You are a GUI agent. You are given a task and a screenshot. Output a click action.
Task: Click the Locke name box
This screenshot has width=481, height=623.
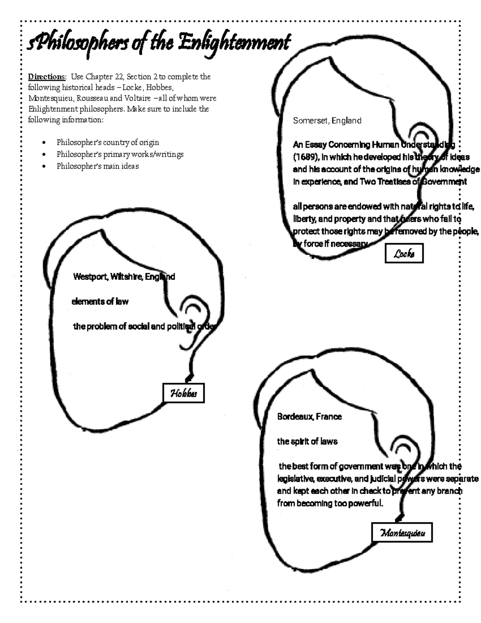(404, 254)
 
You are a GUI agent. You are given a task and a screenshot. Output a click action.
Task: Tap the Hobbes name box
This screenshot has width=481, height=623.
(184, 393)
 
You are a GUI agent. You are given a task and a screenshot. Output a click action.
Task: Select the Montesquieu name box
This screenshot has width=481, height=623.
(402, 533)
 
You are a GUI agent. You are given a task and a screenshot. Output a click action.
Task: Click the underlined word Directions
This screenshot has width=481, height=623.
(46, 77)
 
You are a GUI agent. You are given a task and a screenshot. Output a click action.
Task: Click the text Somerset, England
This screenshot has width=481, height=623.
(327, 121)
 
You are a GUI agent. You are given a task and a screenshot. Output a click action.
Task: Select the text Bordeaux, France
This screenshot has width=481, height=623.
(309, 417)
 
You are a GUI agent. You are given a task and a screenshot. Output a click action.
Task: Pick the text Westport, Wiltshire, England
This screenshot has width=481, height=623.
(124, 277)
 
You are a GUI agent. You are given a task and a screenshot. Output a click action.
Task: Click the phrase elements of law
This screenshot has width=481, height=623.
(100, 302)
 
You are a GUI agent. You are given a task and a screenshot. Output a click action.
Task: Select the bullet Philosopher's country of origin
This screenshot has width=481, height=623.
(107, 142)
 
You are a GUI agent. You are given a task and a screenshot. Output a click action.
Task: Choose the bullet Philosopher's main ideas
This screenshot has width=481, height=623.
(97, 166)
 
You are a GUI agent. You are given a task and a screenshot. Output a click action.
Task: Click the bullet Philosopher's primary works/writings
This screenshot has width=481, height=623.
(120, 154)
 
